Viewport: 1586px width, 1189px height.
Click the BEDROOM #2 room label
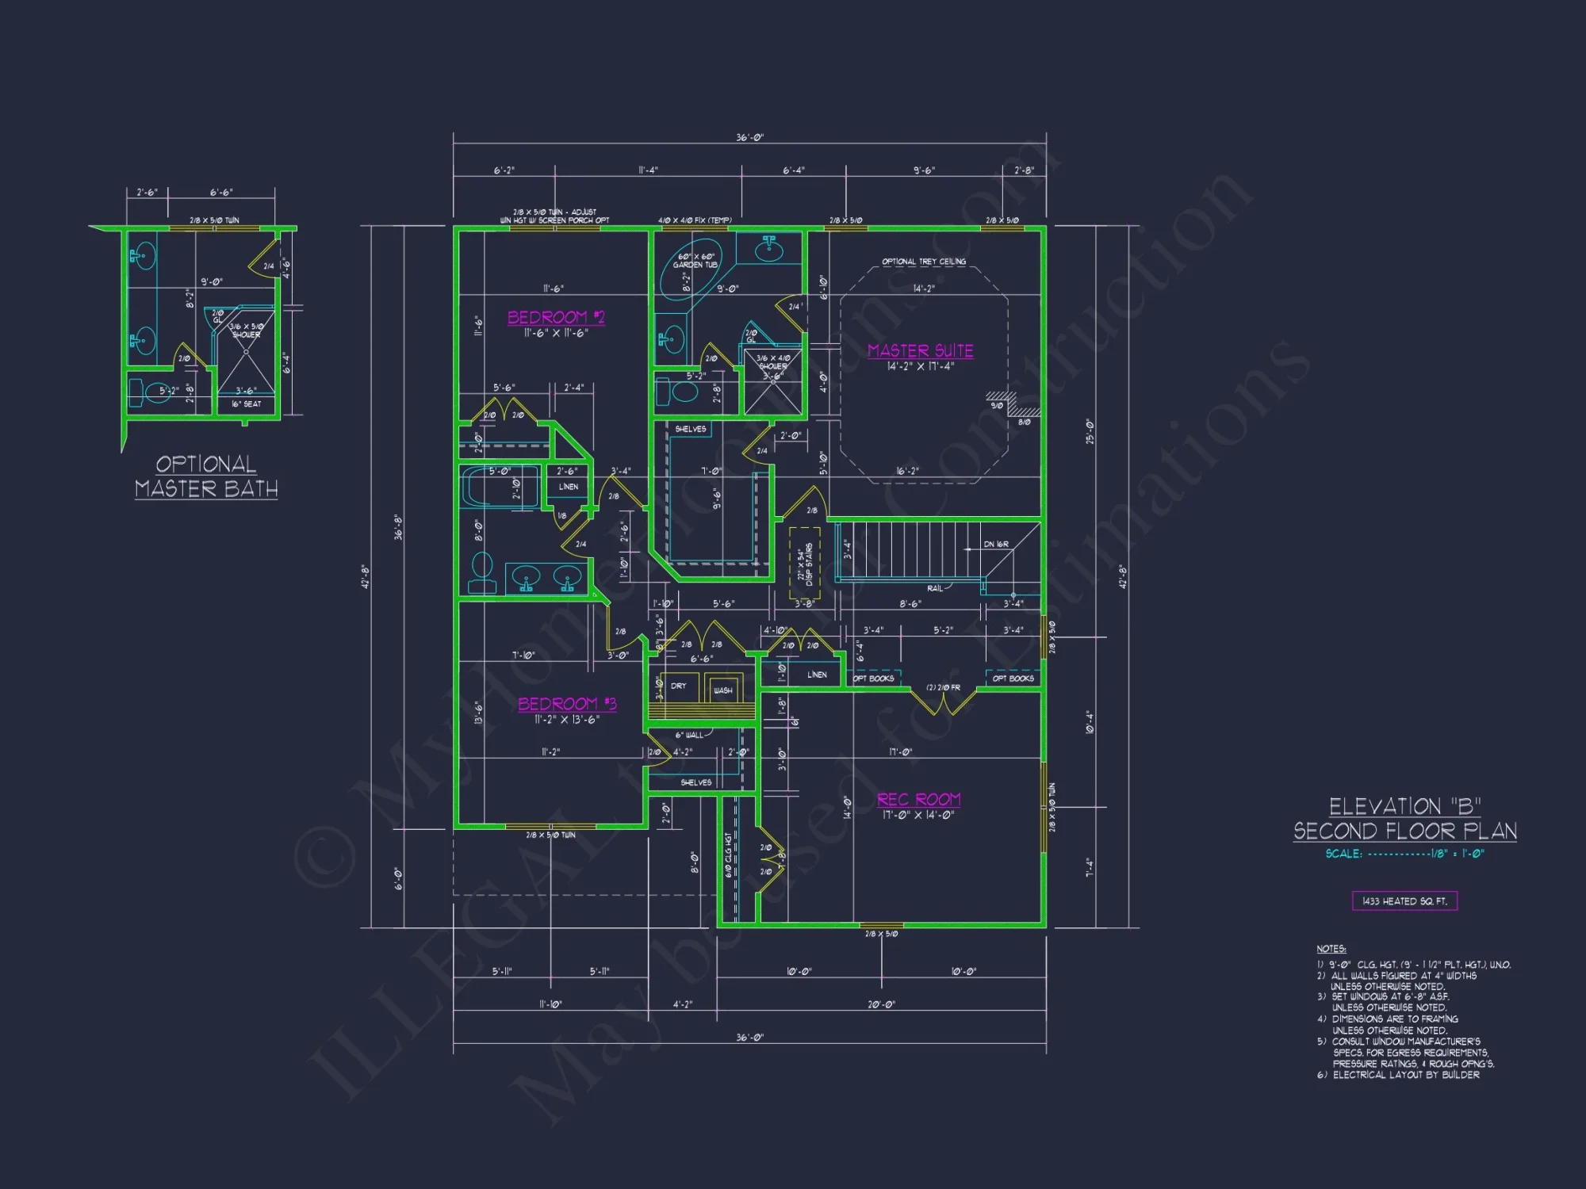click(x=556, y=318)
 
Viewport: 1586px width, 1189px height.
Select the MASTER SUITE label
click(x=920, y=351)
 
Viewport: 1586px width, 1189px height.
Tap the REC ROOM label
click(x=918, y=800)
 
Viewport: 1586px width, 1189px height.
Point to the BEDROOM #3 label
click(x=567, y=704)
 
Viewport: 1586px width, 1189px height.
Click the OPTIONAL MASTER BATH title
click(x=206, y=476)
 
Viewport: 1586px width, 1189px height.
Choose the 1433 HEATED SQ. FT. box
click(x=1404, y=901)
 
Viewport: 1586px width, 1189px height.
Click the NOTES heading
click(x=1331, y=949)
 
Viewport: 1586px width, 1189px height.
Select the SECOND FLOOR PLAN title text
click(x=1404, y=832)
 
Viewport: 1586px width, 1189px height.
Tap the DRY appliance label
click(x=679, y=686)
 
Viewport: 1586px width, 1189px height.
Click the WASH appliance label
click(x=722, y=690)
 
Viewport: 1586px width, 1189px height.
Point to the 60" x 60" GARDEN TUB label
click(x=695, y=261)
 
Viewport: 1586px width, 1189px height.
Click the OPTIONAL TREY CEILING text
click(x=924, y=262)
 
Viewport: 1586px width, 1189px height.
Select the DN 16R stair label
click(x=996, y=545)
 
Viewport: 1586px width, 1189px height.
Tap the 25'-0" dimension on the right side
click(x=1090, y=432)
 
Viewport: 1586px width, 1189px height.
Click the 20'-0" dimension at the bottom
click(x=881, y=1004)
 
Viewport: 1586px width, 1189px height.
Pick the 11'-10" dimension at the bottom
click(x=550, y=1004)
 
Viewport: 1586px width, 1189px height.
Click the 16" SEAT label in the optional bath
click(x=246, y=404)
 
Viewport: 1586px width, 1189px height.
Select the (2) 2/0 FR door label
click(x=943, y=688)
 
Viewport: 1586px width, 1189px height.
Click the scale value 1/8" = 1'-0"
click(x=1458, y=854)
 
